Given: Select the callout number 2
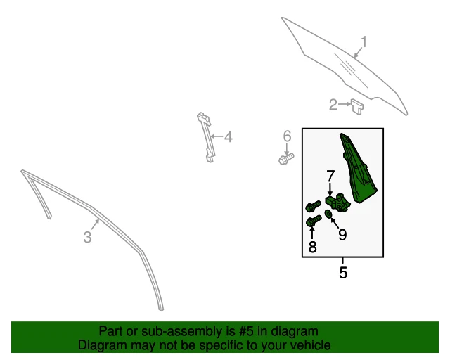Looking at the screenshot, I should coord(333,105).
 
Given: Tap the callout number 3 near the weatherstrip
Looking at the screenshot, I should coord(87,238).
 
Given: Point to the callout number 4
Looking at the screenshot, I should coord(228,137).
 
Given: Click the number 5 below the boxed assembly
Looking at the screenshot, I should coord(343,273).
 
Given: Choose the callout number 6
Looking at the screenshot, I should coord(287,136).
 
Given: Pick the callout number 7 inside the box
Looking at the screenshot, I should coord(330,176).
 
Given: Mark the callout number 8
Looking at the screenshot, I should coord(312,247).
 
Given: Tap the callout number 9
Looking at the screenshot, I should coord(342,235).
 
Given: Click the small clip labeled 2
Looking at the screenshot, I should coord(357,106).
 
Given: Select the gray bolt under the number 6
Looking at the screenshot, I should coord(285,160).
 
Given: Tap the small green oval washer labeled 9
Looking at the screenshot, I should coord(328,214).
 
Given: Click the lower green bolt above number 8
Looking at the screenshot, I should coord(313,222).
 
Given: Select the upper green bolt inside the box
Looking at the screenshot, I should coord(313,207).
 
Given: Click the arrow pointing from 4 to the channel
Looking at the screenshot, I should coord(215,137).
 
